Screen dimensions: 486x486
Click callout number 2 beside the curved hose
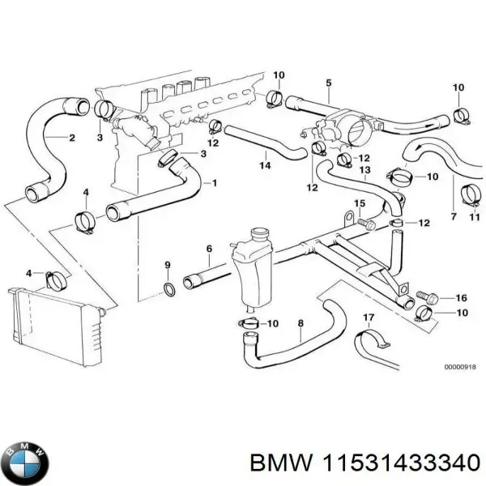(x=72, y=138)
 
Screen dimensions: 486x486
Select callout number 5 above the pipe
(x=328, y=83)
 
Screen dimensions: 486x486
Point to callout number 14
(x=264, y=166)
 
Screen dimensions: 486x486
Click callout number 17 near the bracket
(x=369, y=317)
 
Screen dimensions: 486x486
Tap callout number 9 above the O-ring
(x=168, y=265)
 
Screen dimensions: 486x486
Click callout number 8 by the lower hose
(x=301, y=323)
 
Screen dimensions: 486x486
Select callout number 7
(x=453, y=217)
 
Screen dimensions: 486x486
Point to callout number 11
(x=475, y=217)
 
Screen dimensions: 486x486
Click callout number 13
(x=364, y=170)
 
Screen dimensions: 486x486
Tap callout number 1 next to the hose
(x=214, y=183)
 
